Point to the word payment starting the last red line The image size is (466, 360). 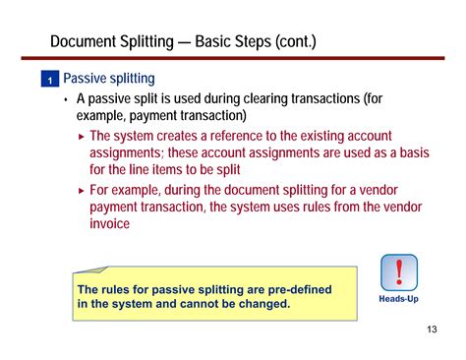[x=116, y=208]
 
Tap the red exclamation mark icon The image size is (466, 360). [x=399, y=272]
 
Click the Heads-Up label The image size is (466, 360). [x=399, y=298]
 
